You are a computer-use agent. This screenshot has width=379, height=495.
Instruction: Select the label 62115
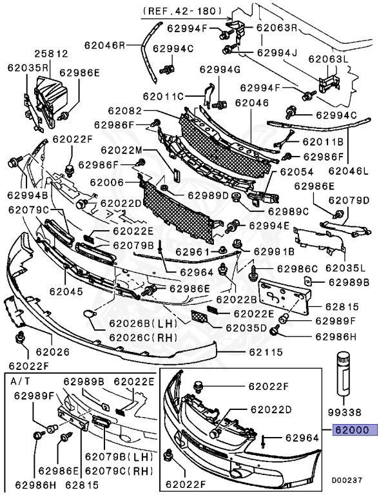(x=266, y=353)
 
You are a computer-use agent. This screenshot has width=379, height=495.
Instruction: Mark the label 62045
(x=64, y=291)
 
